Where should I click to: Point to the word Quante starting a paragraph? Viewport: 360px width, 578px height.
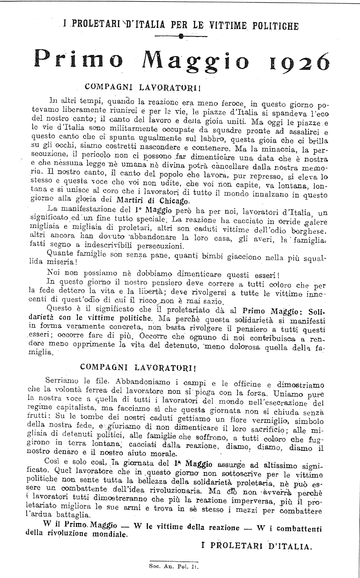(x=60, y=252)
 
